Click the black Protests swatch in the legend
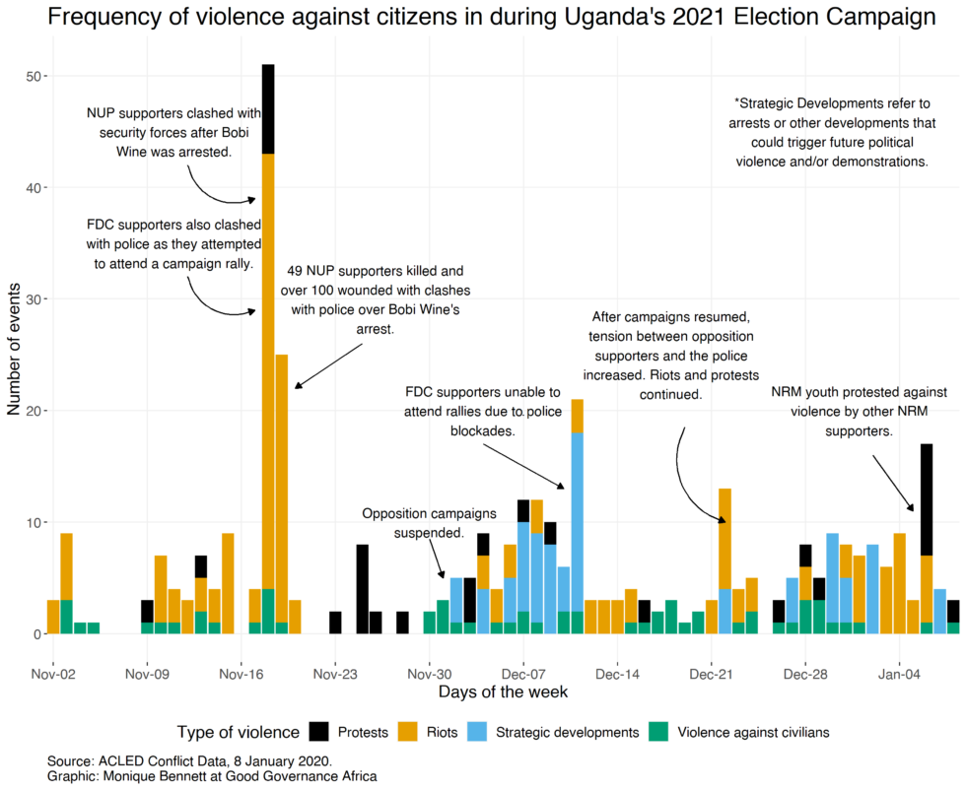pyautogui.click(x=319, y=732)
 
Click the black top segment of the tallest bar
pyautogui.click(x=268, y=108)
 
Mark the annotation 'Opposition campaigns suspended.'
pyautogui.click(x=413, y=523)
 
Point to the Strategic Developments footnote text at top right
pyautogui.click(x=832, y=132)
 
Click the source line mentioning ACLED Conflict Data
pyautogui.click(x=189, y=761)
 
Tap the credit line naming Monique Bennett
pyautogui.click(x=211, y=776)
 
